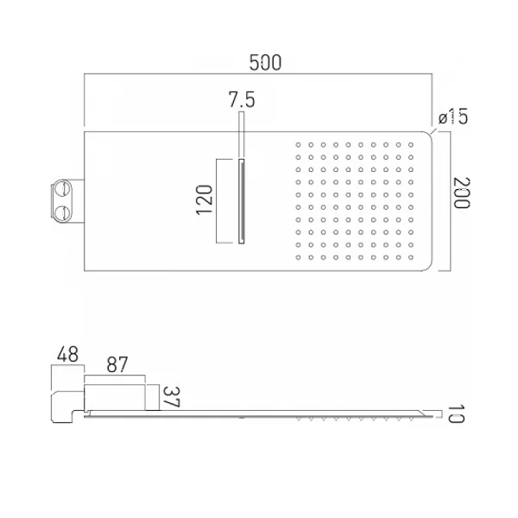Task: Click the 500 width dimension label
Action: [x=265, y=63]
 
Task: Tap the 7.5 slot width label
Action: [x=242, y=100]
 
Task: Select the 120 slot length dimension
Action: [x=205, y=200]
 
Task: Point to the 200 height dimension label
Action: [x=461, y=193]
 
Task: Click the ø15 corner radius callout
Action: [x=453, y=116]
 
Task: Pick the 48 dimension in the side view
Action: [x=67, y=355]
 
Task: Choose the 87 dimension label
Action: [x=117, y=364]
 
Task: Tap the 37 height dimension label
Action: [x=172, y=397]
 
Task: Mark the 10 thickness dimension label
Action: [x=457, y=414]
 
